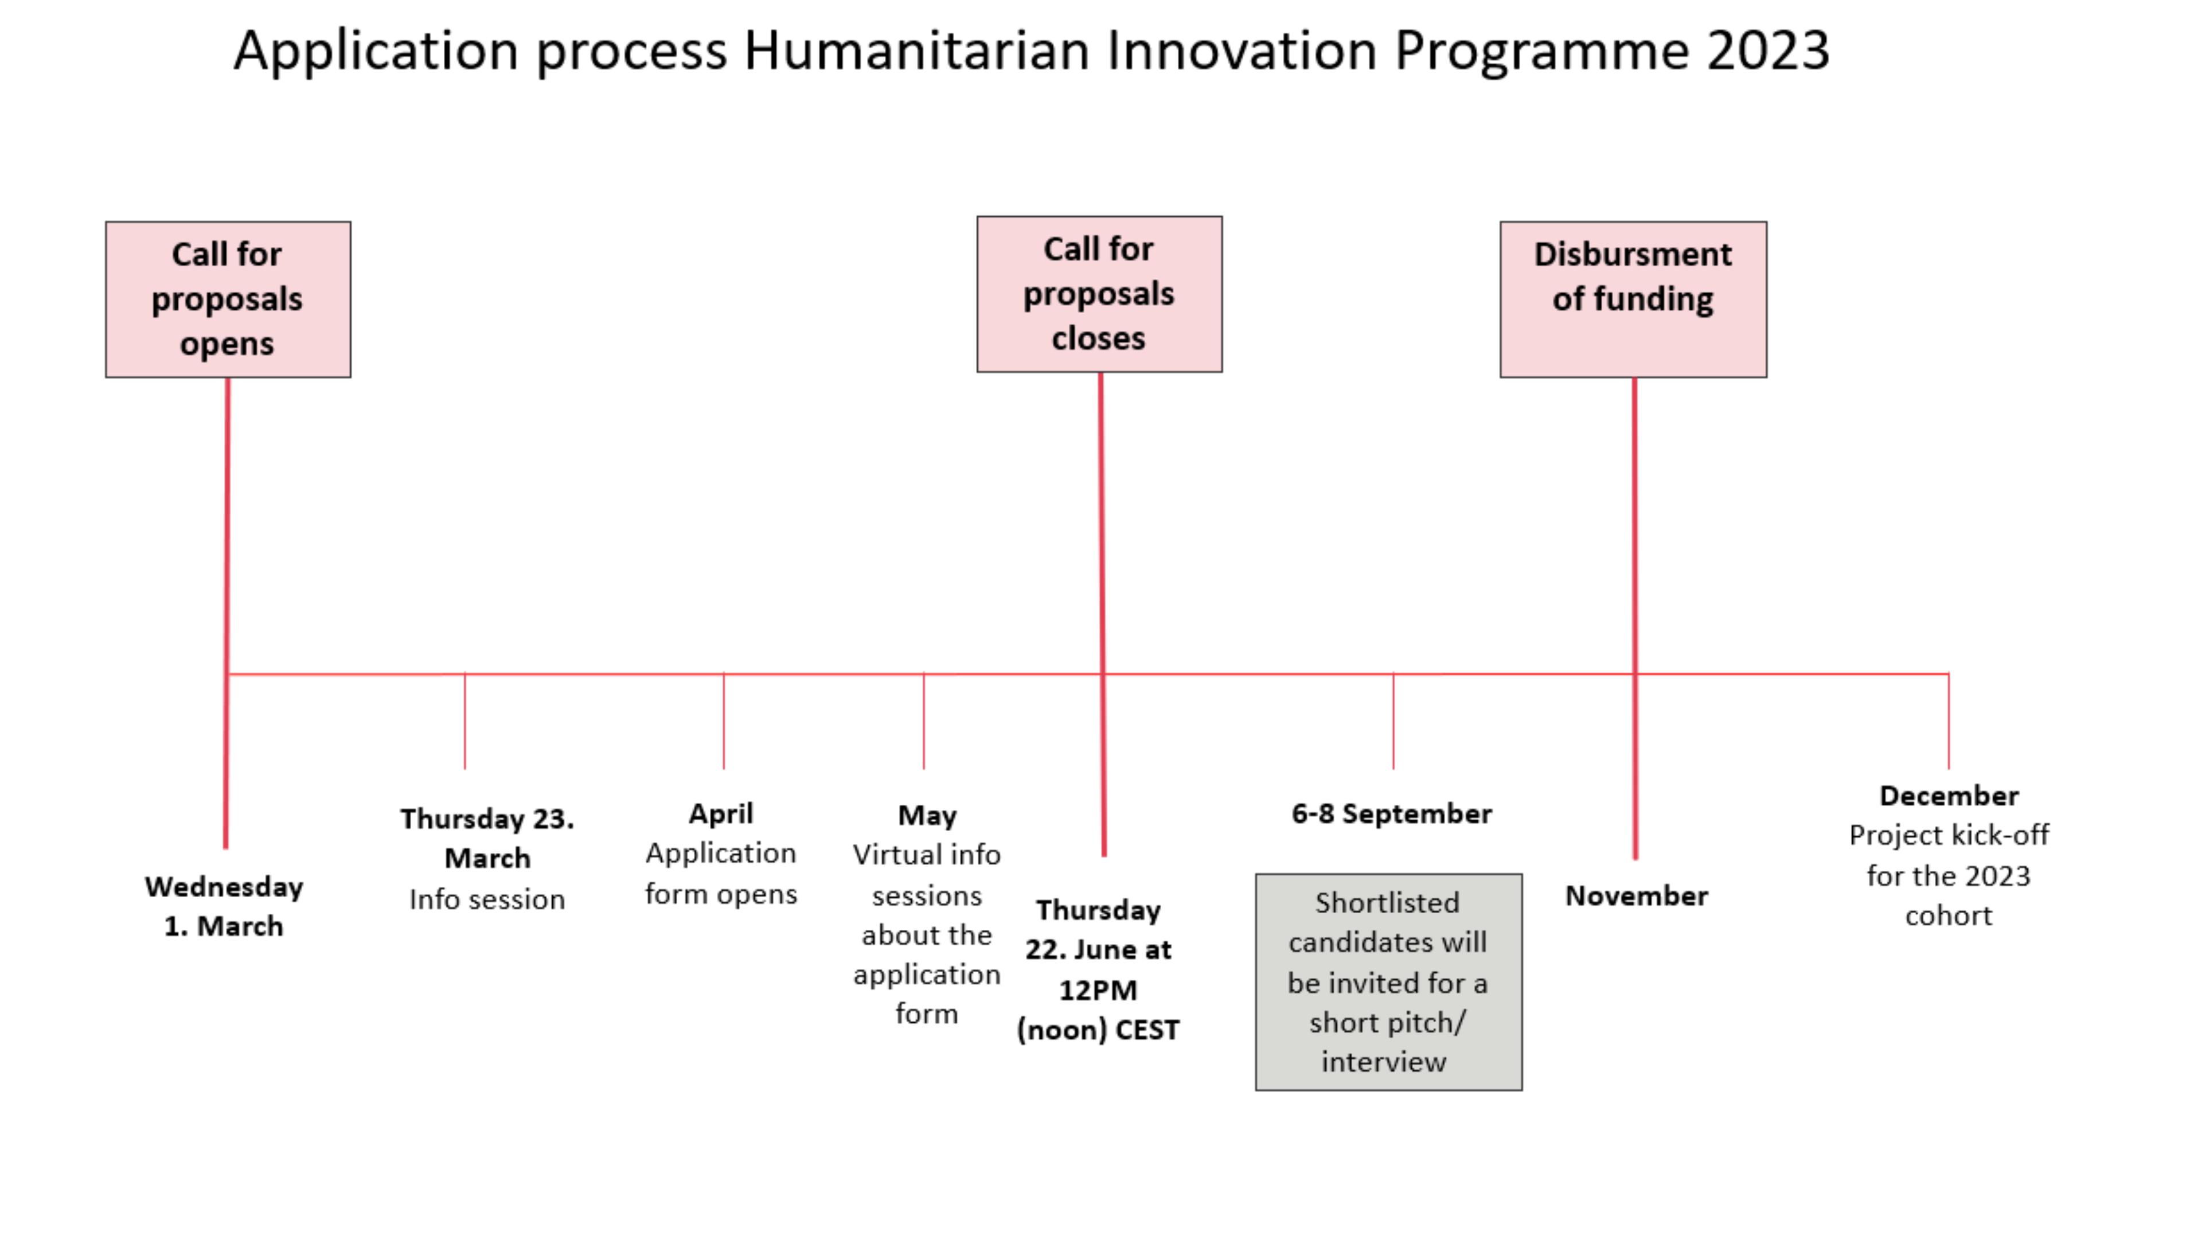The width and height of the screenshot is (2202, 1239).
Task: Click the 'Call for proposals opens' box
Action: (228, 299)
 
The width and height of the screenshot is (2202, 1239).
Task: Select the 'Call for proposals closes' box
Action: (1099, 294)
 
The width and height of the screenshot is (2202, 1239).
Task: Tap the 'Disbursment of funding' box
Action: (1632, 299)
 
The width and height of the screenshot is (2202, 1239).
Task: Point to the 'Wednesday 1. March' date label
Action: (224, 906)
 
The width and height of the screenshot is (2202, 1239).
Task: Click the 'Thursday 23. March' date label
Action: (487, 838)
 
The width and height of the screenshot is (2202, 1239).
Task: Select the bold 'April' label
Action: (721, 813)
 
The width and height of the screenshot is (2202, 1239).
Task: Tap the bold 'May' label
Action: (927, 815)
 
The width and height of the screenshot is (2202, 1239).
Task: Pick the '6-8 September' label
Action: (1391, 813)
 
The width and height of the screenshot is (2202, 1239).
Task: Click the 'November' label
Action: (1636, 895)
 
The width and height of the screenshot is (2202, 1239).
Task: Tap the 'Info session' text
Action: (487, 899)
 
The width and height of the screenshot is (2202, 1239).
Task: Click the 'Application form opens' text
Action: (721, 873)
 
